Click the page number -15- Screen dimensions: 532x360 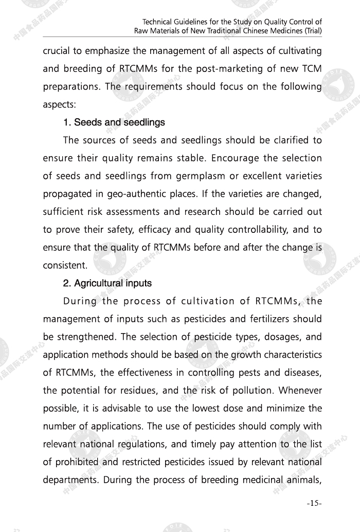(314, 503)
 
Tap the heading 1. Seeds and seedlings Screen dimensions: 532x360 (114, 122)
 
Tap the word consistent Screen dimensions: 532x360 (65, 266)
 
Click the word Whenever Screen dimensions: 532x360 (300, 390)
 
